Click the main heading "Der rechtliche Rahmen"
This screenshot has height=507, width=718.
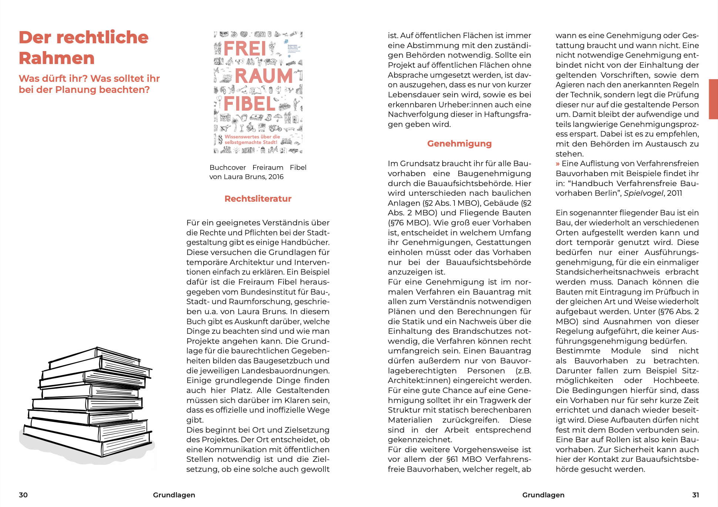pyautogui.click(x=84, y=47)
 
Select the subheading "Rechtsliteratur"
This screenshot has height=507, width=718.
pyautogui.click(x=258, y=199)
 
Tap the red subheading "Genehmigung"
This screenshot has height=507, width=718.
pyautogui.click(x=459, y=144)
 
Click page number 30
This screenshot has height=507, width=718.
pyautogui.click(x=23, y=495)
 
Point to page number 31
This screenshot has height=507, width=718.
pyautogui.click(x=695, y=495)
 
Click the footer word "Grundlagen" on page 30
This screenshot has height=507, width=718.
pyautogui.click(x=174, y=495)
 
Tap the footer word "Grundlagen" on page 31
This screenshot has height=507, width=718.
pyautogui.click(x=543, y=495)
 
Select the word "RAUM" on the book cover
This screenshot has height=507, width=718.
pyautogui.click(x=264, y=76)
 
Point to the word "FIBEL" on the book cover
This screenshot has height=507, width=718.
pyautogui.click(x=249, y=104)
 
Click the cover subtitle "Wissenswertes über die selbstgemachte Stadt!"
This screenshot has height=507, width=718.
pyautogui.click(x=252, y=140)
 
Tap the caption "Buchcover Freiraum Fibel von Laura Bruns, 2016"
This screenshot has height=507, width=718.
pyautogui.click(x=258, y=172)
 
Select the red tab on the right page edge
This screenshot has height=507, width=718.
pyautogui.click(x=713, y=99)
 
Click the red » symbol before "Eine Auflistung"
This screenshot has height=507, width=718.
pyautogui.click(x=558, y=164)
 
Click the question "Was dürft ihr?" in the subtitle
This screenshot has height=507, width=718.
pyautogui.click(x=53, y=78)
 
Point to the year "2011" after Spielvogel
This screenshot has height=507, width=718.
pyautogui.click(x=674, y=193)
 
